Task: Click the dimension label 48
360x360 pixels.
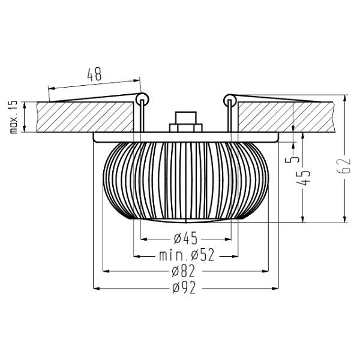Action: pyautogui.click(x=94, y=75)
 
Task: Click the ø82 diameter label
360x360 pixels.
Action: pyautogui.click(x=185, y=271)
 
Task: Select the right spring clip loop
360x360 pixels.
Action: pyautogui.click(x=229, y=98)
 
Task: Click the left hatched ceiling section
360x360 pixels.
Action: pyautogui.click(x=84, y=117)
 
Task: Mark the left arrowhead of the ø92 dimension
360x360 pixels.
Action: pyautogui.click(x=97, y=289)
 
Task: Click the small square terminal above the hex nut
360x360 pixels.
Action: pyautogui.click(x=185, y=116)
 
